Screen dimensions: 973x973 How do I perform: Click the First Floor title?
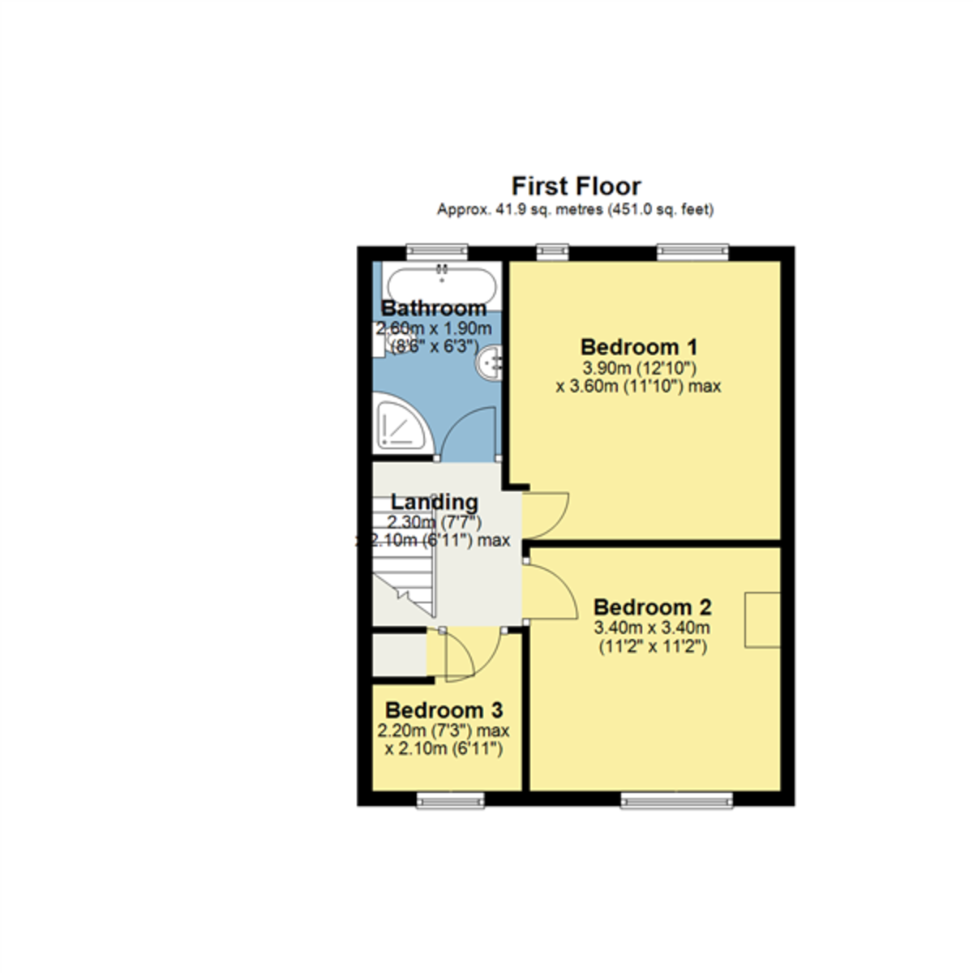tap(576, 186)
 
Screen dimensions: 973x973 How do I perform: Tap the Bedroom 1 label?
tap(639, 347)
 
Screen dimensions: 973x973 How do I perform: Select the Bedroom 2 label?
tap(652, 607)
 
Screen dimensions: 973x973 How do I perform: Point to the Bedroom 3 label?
tap(444, 710)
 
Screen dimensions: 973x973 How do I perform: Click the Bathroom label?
tap(434, 308)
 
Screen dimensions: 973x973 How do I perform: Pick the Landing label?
tap(434, 502)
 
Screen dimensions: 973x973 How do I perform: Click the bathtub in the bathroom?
tap(441, 285)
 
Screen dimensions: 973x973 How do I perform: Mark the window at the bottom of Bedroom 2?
tap(677, 801)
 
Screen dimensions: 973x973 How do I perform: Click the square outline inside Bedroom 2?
tap(763, 620)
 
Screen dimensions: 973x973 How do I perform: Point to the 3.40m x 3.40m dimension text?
tap(652, 628)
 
